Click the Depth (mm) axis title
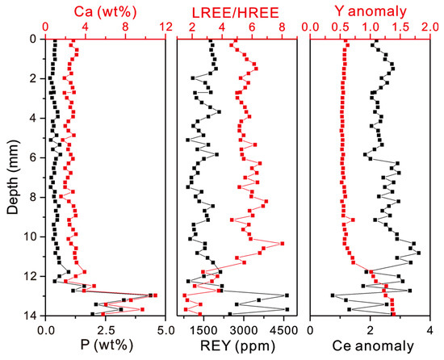pos(12,176)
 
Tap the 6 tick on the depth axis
pos(33,157)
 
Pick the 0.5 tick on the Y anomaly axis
pos(341,27)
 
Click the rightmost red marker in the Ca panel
pos(155,296)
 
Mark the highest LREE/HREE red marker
pos(282,244)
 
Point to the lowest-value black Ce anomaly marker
pos(333,295)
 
